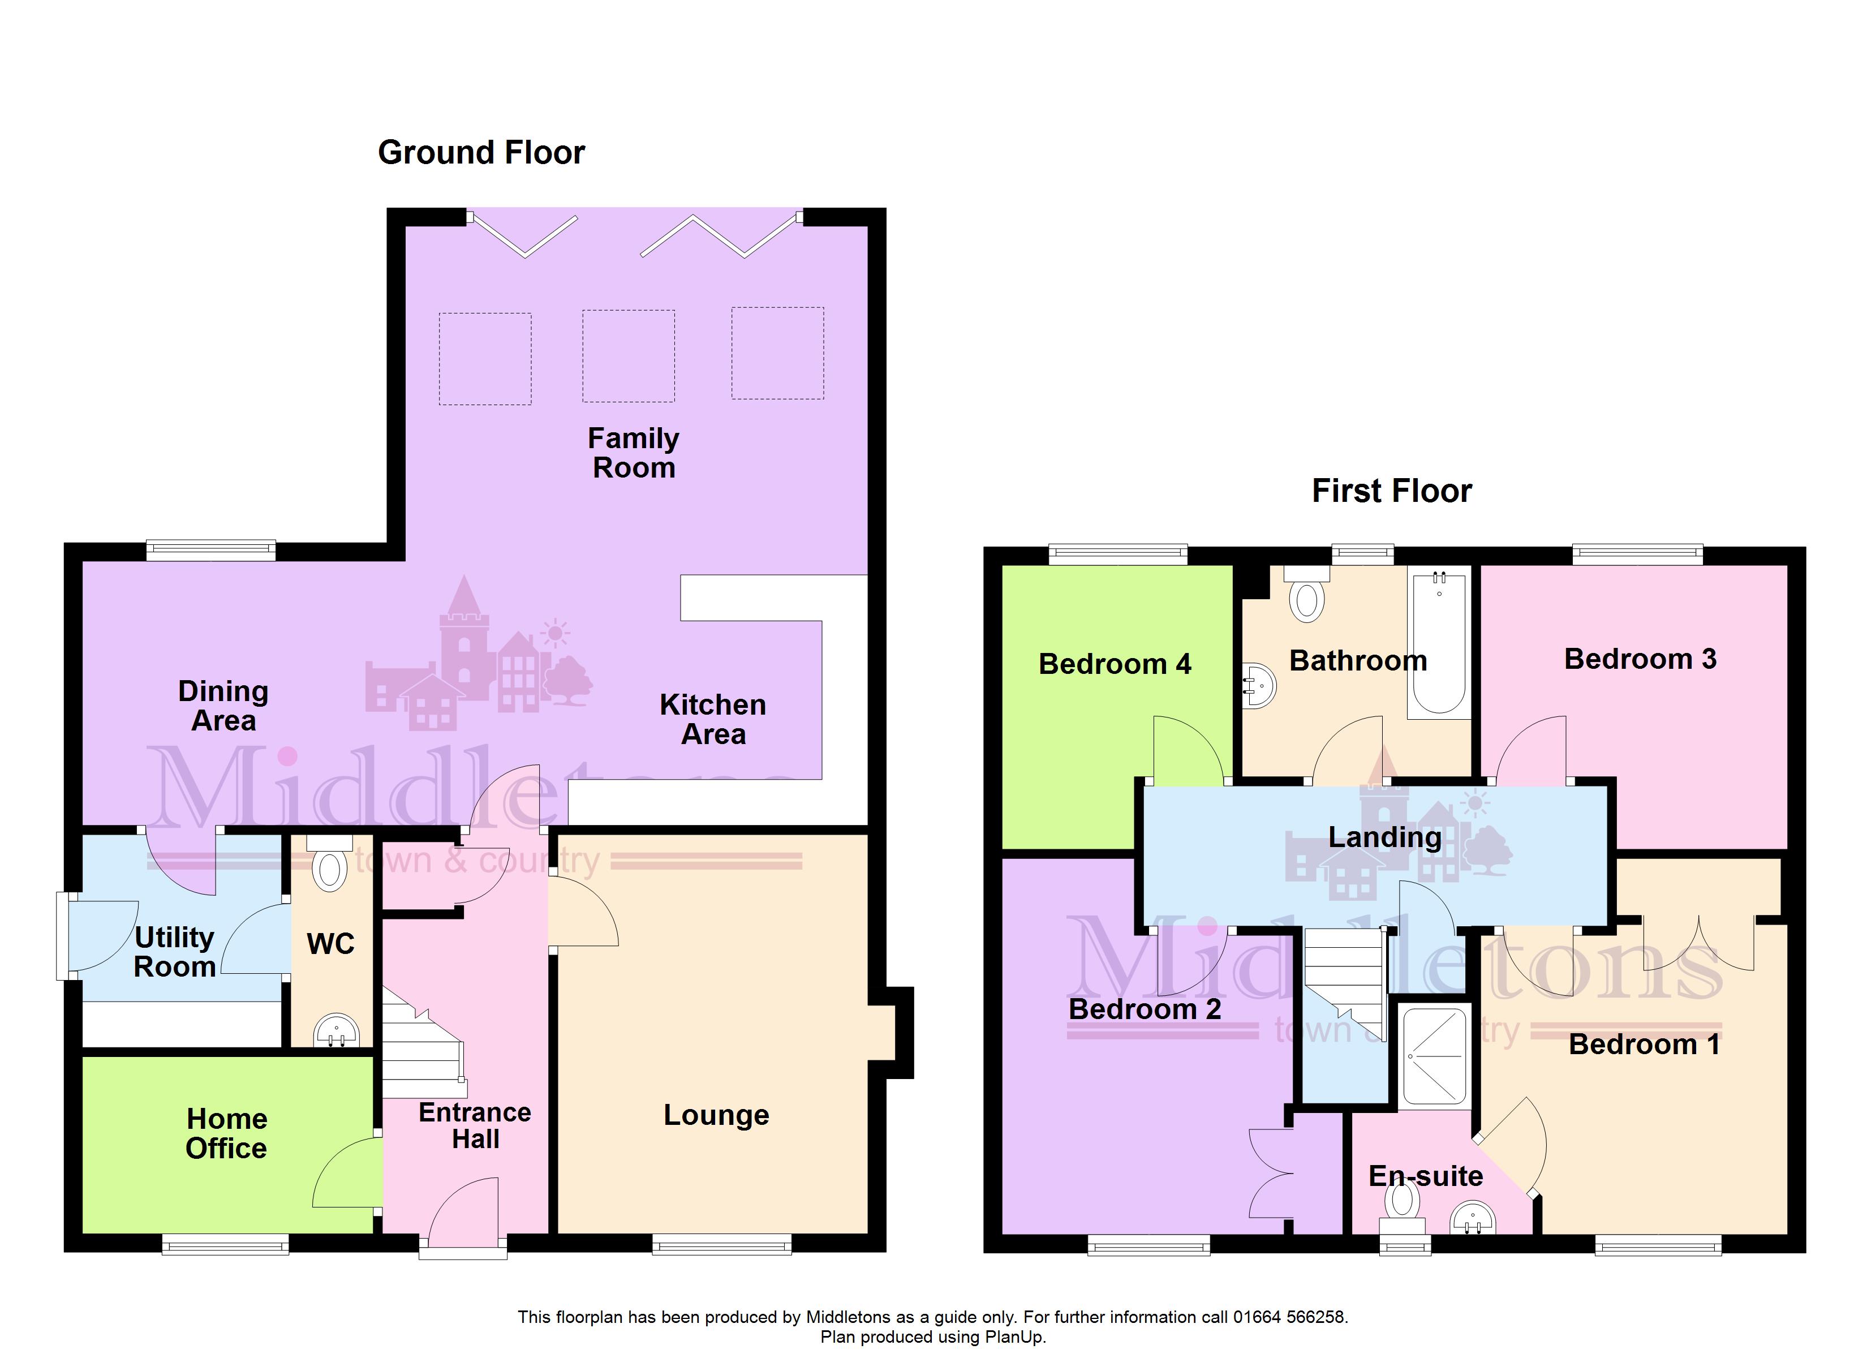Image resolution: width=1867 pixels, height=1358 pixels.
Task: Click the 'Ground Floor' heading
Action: [481, 152]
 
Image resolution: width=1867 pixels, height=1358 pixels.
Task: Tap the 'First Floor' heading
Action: [1391, 491]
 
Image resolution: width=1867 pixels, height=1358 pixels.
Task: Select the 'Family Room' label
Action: [633, 453]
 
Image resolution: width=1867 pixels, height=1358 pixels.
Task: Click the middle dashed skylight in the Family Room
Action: [629, 356]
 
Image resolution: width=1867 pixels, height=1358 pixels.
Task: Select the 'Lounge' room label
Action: [716, 1115]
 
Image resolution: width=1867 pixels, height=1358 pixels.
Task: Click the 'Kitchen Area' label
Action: [713, 719]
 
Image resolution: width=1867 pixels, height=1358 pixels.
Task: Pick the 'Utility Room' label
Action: [174, 951]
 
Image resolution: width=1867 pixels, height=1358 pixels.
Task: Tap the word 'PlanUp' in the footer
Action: [1013, 1338]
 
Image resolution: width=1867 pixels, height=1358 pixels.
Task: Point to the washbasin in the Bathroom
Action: [1259, 685]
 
